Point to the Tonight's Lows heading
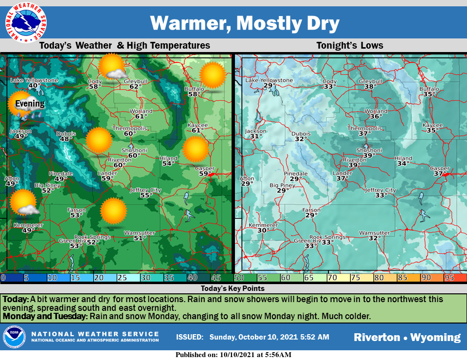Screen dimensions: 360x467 (350, 46)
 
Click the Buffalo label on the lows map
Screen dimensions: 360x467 (429, 89)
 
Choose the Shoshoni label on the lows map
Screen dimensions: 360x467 (366, 150)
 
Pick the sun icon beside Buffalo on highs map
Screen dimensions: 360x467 (213, 75)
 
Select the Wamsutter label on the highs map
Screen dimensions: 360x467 (139, 233)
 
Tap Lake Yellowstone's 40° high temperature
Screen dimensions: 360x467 (34, 86)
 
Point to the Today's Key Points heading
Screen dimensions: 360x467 (233, 288)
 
